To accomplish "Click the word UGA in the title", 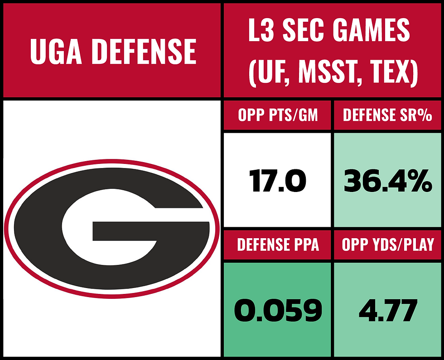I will [56, 51].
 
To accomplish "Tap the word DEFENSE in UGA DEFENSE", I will [144, 51].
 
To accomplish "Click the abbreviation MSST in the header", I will [327, 72].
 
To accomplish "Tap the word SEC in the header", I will [304, 31].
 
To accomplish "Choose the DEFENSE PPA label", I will [278, 245].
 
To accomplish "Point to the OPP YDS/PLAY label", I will [387, 245].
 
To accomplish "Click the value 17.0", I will [278, 181].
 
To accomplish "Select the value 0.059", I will [278, 311].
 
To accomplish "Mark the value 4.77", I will [387, 311].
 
